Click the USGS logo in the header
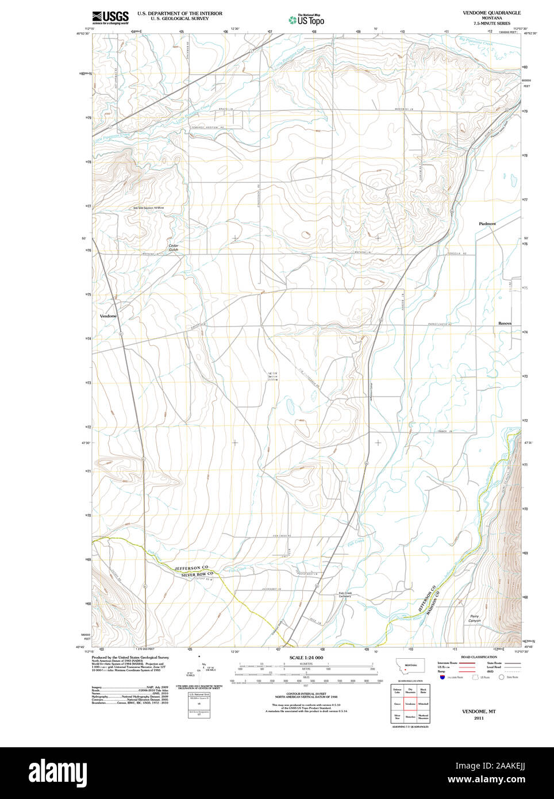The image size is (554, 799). pos(110,17)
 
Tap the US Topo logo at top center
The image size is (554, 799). pos(306,20)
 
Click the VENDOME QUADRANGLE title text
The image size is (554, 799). pos(491,13)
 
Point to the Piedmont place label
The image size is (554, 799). pos(487,224)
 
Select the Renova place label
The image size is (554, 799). pos(505,323)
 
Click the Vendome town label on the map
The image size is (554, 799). pos(108,316)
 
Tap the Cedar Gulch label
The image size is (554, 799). pos(173,248)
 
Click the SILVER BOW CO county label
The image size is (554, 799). pos(197,574)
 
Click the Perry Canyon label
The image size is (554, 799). pos(474,619)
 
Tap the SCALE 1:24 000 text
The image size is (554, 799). pos(306,658)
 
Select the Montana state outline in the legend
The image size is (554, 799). pos(410,667)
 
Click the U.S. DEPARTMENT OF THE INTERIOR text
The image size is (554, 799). pos(179,13)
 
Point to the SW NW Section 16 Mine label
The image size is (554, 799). pos(148,208)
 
